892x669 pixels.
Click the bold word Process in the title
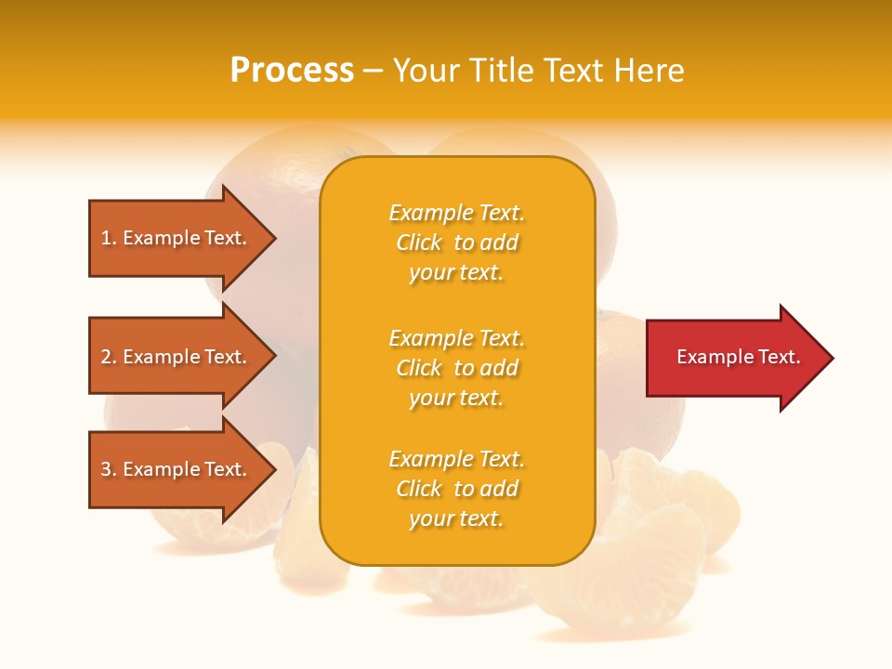click(292, 71)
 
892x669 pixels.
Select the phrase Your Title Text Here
click(538, 71)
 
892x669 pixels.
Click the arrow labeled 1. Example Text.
click(177, 238)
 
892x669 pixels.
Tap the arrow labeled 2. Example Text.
click(177, 357)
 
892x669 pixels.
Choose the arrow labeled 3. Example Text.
click(177, 469)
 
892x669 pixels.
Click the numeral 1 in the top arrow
click(106, 238)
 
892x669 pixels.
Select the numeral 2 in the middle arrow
click(106, 357)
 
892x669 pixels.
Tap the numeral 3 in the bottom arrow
click(106, 469)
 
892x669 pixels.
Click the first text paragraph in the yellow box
click(456, 243)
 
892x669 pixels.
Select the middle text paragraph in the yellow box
click(456, 368)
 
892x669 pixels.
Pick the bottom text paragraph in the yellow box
click(456, 489)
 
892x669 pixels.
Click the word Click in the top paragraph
click(418, 243)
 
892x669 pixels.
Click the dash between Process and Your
click(373, 71)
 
